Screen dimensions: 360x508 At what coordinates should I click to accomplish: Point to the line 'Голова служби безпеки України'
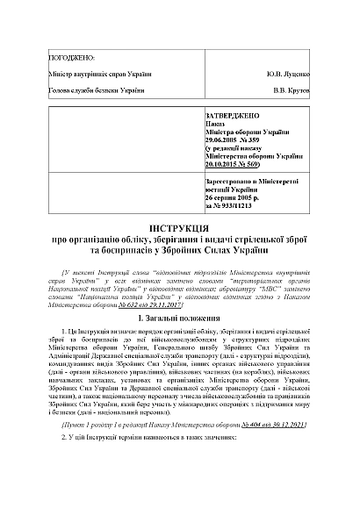[96, 90]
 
